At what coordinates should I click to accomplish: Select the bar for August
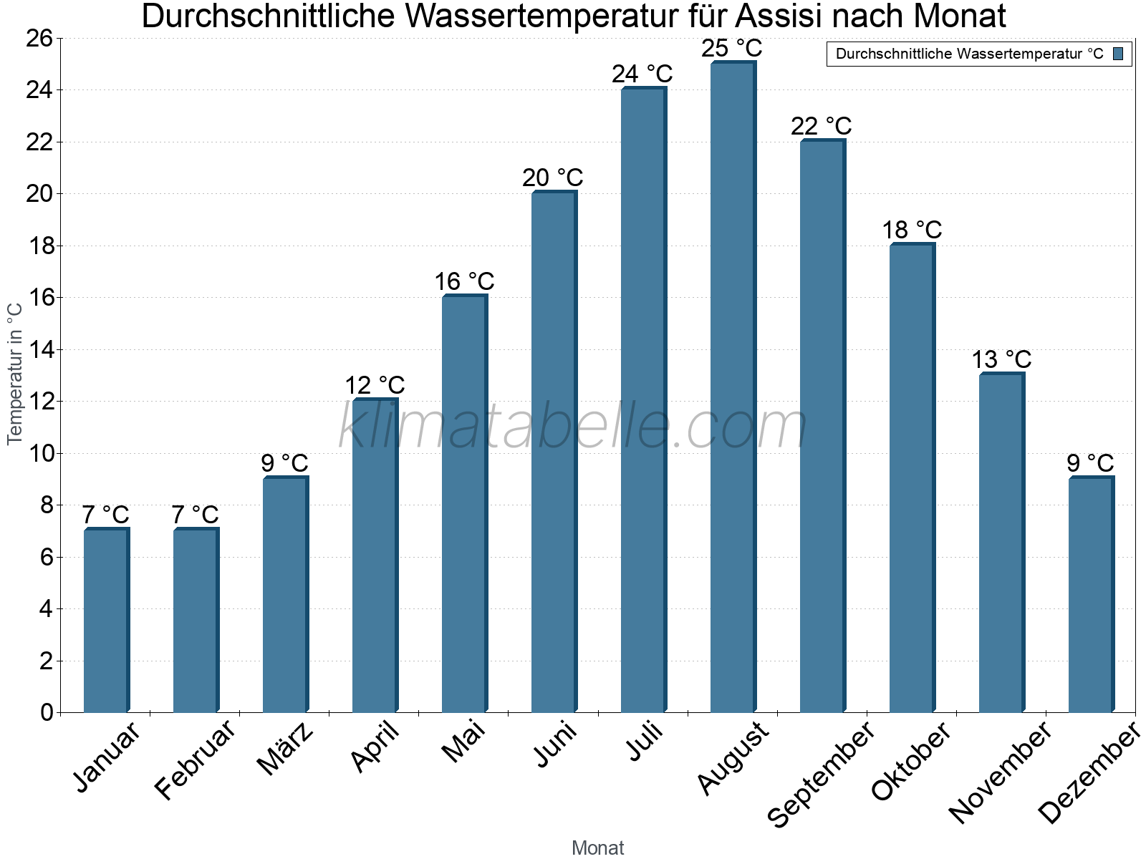click(733, 387)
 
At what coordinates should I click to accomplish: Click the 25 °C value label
click(732, 49)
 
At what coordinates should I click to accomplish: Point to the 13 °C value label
click(1001, 359)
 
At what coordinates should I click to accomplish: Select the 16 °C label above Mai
click(464, 281)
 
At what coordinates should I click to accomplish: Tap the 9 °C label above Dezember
click(1090, 463)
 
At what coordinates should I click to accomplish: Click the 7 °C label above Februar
click(195, 515)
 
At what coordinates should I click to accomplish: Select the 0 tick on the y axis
click(47, 712)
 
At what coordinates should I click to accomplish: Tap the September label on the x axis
click(821, 773)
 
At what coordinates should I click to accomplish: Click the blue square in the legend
click(1118, 54)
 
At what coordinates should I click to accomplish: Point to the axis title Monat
click(598, 848)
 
